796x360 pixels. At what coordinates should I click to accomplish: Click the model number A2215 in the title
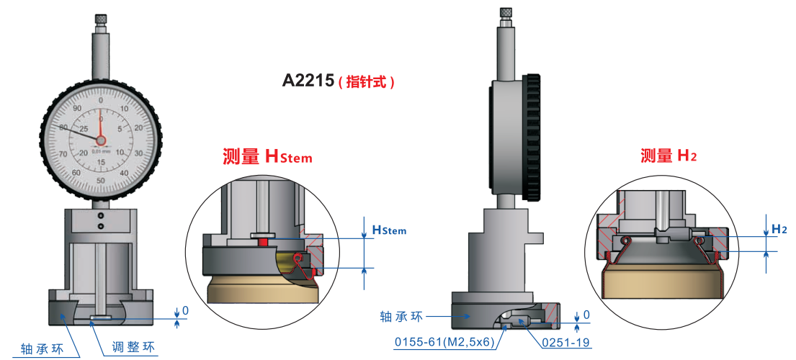309,81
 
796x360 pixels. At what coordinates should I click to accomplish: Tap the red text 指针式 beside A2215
367,81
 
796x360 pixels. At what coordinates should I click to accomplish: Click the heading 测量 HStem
268,156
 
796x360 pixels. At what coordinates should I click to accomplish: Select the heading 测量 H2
668,156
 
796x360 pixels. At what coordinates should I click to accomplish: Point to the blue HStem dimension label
389,230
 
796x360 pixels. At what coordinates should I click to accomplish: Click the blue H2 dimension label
779,229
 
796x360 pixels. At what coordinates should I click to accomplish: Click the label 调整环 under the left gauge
133,348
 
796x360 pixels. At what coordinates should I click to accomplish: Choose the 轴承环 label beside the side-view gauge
401,316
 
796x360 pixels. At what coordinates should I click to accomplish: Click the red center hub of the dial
100,140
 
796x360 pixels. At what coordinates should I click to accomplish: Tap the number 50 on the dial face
101,180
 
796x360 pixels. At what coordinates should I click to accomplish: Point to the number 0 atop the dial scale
101,100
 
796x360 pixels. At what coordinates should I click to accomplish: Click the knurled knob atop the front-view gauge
101,19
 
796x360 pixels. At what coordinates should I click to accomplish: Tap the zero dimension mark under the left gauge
185,310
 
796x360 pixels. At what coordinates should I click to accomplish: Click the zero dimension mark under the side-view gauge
586,315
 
